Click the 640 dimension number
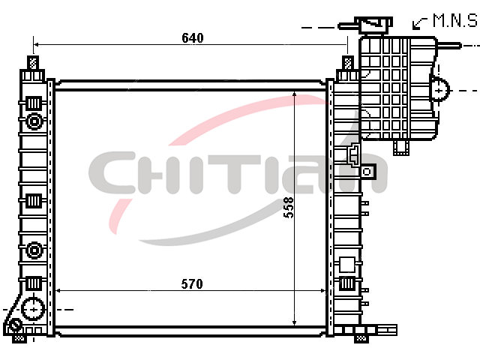point(193,38)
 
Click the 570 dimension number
point(192,284)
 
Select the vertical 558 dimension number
point(288,208)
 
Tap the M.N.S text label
point(455,21)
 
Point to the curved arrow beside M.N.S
point(418,23)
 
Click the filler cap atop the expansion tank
point(373,25)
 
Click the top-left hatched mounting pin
point(33,63)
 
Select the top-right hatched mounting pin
point(348,63)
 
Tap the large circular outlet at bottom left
point(33,309)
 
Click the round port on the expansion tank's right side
point(439,91)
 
